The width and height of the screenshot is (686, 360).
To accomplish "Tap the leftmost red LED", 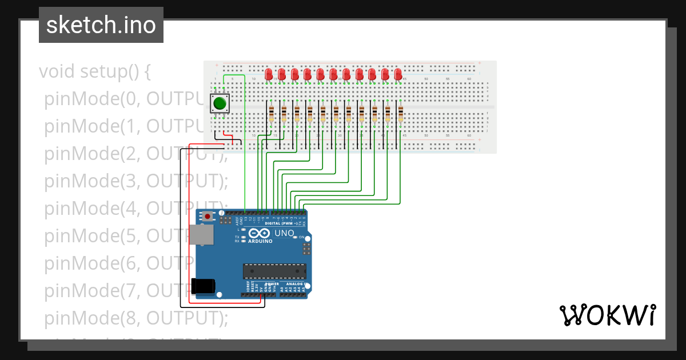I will (269, 74).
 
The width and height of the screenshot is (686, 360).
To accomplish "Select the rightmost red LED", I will (398, 74).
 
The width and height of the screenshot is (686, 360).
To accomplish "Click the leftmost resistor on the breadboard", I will (271, 113).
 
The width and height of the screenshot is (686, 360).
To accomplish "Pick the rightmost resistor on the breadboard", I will (401, 113).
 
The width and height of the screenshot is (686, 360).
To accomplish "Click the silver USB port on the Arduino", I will (201, 235).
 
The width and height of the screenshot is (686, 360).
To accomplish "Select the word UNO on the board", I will (284, 234).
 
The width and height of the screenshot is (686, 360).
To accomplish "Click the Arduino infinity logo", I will (259, 234).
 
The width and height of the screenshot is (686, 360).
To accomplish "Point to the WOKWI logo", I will (607, 315).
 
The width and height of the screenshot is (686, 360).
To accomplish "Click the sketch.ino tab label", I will (101, 25).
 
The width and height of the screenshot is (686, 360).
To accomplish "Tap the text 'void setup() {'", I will (95, 72).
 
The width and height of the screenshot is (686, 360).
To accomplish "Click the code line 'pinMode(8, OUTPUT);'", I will (136, 317).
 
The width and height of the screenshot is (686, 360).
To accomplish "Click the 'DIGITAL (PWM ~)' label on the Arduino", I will (284, 223).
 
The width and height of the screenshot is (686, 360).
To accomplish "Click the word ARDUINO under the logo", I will (260, 241).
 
